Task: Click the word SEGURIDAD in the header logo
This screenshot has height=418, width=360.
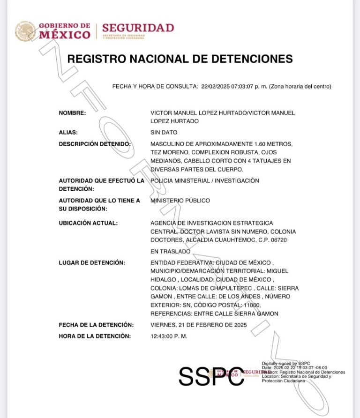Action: pyautogui.click(x=138, y=28)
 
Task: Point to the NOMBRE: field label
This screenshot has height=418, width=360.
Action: pyautogui.click(x=72, y=113)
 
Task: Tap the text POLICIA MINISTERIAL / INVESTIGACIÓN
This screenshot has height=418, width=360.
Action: pyautogui.click(x=204, y=180)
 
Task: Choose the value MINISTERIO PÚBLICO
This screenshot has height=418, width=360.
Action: pyautogui.click(x=180, y=201)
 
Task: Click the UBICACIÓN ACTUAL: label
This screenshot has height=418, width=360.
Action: pyautogui.click(x=88, y=223)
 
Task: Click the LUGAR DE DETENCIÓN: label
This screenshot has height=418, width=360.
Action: pyautogui.click(x=92, y=262)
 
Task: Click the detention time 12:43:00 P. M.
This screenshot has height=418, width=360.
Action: pyautogui.click(x=169, y=336)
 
